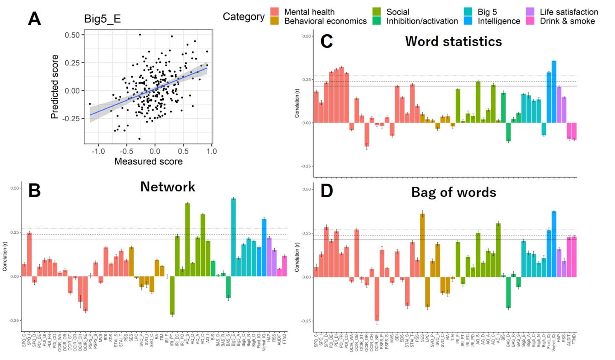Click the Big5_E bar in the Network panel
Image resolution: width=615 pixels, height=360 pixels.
(x=233, y=237)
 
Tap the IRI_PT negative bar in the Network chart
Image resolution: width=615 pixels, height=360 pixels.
(x=172, y=296)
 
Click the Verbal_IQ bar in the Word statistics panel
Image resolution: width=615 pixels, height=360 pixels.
(x=554, y=92)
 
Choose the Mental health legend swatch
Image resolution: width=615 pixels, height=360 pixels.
(x=275, y=12)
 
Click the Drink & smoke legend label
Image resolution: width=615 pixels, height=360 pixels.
(x=567, y=21)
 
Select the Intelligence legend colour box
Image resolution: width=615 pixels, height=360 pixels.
(x=469, y=21)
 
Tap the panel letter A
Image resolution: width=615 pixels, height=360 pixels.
(x=35, y=19)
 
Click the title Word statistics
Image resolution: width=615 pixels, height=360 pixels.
(x=453, y=41)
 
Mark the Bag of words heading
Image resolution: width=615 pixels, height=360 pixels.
(x=454, y=193)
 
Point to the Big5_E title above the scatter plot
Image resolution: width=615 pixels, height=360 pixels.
(x=102, y=19)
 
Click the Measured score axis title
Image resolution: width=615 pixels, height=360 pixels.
(x=148, y=161)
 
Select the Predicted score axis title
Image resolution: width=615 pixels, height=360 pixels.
(x=55, y=87)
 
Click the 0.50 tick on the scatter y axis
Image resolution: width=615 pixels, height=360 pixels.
(x=72, y=35)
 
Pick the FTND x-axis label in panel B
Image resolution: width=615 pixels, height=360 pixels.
(x=284, y=340)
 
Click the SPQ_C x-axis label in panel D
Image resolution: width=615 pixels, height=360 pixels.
(x=316, y=341)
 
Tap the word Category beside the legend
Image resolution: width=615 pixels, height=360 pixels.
(x=243, y=17)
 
